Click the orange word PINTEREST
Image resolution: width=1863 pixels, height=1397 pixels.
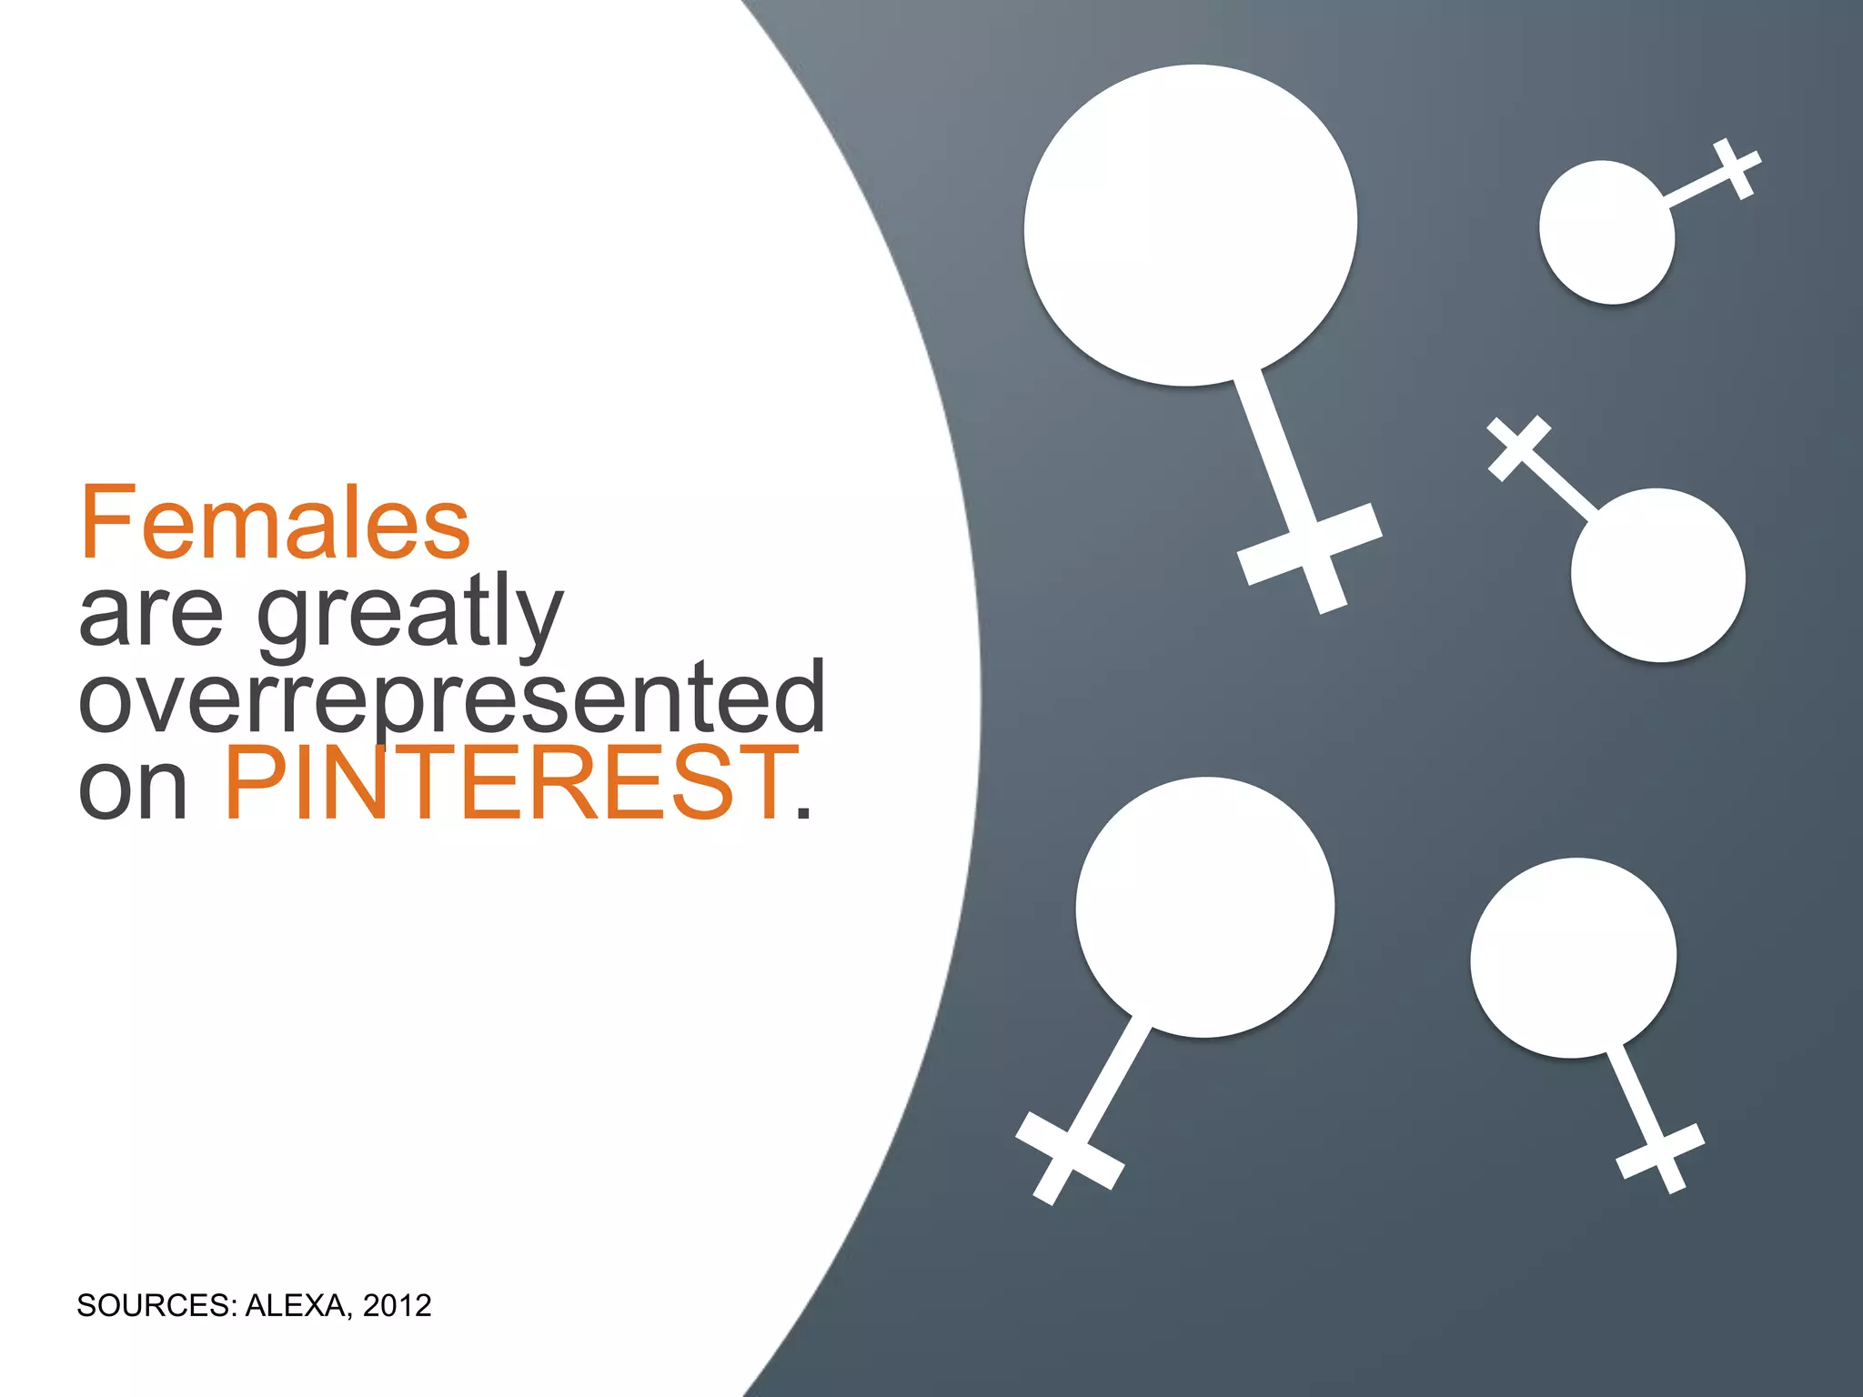coord(509,782)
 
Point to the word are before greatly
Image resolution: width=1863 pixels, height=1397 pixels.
coord(151,615)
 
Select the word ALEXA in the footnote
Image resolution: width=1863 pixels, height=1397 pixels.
coord(297,1306)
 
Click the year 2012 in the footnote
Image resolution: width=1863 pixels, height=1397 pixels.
coord(397,1306)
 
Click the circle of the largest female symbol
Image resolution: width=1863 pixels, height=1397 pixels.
coord(1190,226)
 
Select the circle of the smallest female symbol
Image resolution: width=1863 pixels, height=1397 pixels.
coord(1606,232)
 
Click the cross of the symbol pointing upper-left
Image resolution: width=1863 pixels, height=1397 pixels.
coord(1518,447)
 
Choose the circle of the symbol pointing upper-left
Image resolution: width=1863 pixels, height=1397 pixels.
coord(1657,575)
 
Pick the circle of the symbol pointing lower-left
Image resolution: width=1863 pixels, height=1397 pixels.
coord(1204,907)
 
